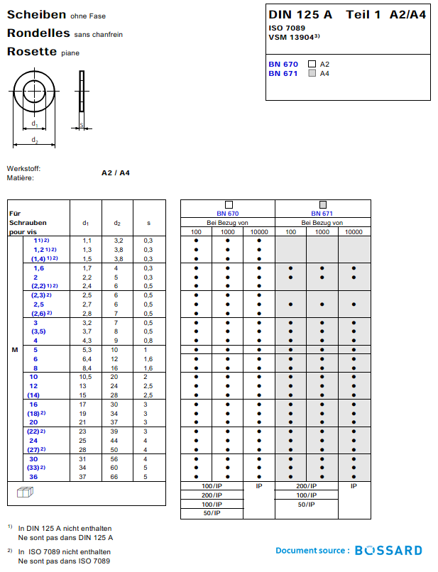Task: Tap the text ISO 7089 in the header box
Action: click(287, 28)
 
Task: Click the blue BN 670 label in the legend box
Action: click(283, 64)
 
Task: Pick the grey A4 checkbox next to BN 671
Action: click(312, 73)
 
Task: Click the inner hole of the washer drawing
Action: click(34, 91)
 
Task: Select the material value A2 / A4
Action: click(116, 172)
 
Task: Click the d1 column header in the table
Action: click(86, 223)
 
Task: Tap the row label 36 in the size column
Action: click(33, 477)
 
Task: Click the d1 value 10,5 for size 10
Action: click(86, 377)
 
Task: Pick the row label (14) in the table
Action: click(33, 395)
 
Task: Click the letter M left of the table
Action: click(15, 350)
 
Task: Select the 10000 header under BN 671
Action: click(354, 232)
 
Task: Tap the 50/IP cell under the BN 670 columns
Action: click(212, 512)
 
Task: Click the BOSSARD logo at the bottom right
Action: click(388, 550)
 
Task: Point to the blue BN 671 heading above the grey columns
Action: click(322, 214)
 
